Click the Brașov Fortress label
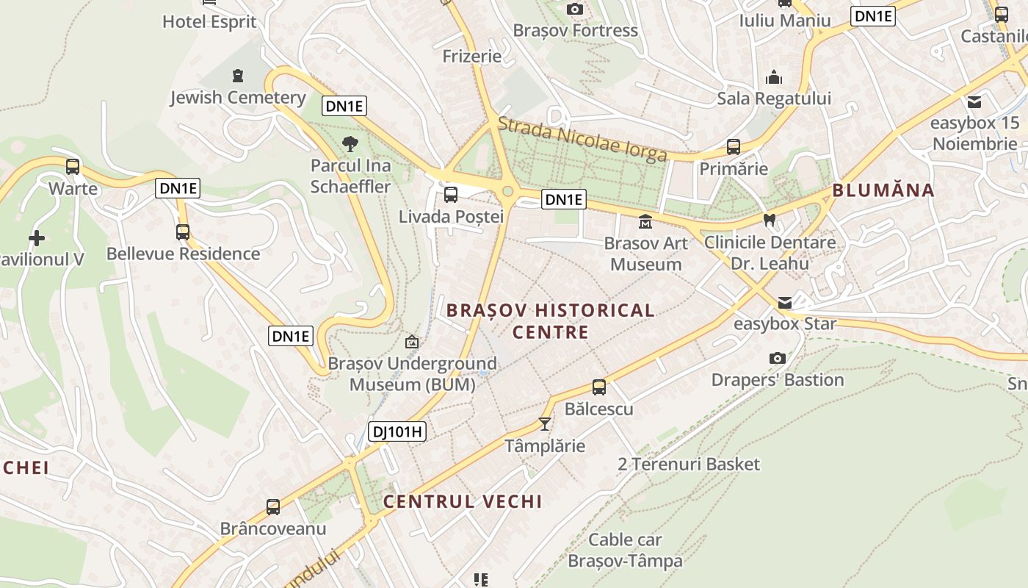pyautogui.click(x=575, y=31)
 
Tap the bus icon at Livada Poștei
pyautogui.click(x=451, y=195)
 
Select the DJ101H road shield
pyautogui.click(x=397, y=431)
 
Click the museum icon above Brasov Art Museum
pyautogui.click(x=645, y=221)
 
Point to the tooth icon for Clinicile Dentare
pyautogui.click(x=770, y=219)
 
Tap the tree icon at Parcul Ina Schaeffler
pyautogui.click(x=350, y=143)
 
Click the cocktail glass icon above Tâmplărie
pyautogui.click(x=544, y=423)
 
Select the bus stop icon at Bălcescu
pyautogui.click(x=599, y=387)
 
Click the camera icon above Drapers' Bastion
pyautogui.click(x=777, y=358)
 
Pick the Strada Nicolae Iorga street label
pyautogui.click(x=582, y=138)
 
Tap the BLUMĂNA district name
pyautogui.click(x=883, y=190)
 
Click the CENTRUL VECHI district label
pyautogui.click(x=463, y=502)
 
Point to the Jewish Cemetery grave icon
pyautogui.click(x=237, y=75)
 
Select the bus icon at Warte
pyautogui.click(x=73, y=166)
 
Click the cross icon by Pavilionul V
pyautogui.click(x=36, y=237)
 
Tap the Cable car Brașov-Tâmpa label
pyautogui.click(x=625, y=551)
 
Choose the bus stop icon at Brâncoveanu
pyautogui.click(x=273, y=506)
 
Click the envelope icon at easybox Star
pyautogui.click(x=785, y=302)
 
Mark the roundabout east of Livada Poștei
pyautogui.click(x=507, y=192)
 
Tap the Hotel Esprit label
pyautogui.click(x=209, y=21)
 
